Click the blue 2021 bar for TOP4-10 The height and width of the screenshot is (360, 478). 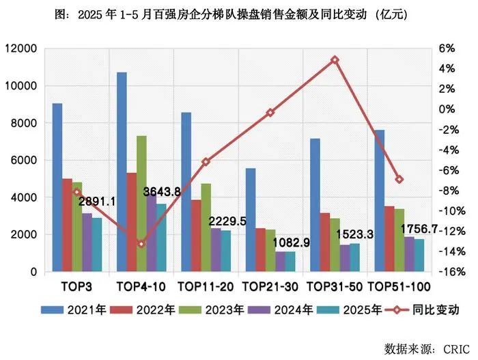click(122, 171)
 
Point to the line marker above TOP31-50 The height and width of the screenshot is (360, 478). click(335, 60)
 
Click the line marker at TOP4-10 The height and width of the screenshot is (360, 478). click(141, 244)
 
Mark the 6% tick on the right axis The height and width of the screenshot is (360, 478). click(447, 49)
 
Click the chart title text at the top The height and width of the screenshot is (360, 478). click(238, 12)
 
